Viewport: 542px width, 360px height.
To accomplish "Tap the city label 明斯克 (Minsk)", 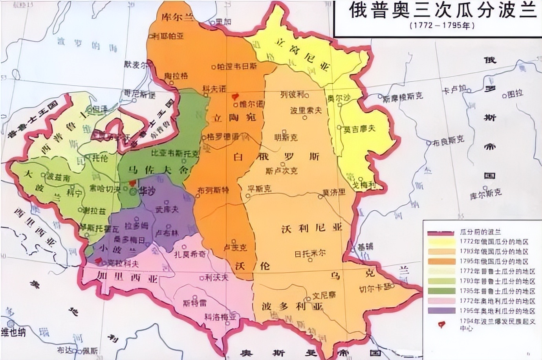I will click(286, 137).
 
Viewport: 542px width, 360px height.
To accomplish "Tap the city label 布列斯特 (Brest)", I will click(213, 190).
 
